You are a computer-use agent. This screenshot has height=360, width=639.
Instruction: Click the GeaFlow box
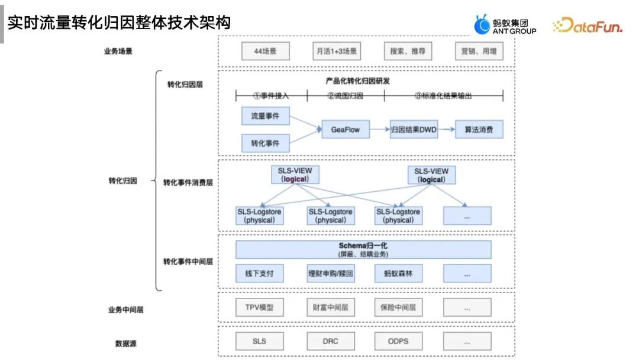click(x=346, y=130)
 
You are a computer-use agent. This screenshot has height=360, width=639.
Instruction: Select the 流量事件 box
click(x=265, y=116)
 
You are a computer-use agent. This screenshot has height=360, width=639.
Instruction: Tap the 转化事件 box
click(x=265, y=143)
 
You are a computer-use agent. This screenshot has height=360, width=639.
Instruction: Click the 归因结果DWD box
click(x=414, y=130)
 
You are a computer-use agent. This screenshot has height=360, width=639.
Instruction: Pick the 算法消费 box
click(x=479, y=130)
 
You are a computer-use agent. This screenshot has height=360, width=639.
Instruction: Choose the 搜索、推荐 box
click(x=407, y=52)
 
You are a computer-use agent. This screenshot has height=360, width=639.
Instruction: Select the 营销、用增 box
click(x=479, y=52)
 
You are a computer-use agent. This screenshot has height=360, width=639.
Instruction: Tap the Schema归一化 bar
click(x=363, y=249)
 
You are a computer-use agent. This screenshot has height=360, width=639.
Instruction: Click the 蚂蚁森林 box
click(x=398, y=274)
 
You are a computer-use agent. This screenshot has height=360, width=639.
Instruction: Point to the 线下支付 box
click(x=259, y=274)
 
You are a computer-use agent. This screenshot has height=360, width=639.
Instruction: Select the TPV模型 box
click(x=259, y=308)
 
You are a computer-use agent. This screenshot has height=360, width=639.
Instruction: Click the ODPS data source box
click(x=398, y=341)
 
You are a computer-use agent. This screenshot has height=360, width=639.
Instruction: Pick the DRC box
click(x=330, y=341)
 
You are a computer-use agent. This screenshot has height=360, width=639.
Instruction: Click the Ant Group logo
click(x=505, y=25)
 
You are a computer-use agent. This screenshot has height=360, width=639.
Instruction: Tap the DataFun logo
click(x=587, y=25)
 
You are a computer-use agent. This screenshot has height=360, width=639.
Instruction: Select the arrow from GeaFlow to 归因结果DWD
click(x=379, y=130)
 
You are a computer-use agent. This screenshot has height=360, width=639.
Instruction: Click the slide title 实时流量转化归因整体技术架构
click(x=119, y=23)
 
